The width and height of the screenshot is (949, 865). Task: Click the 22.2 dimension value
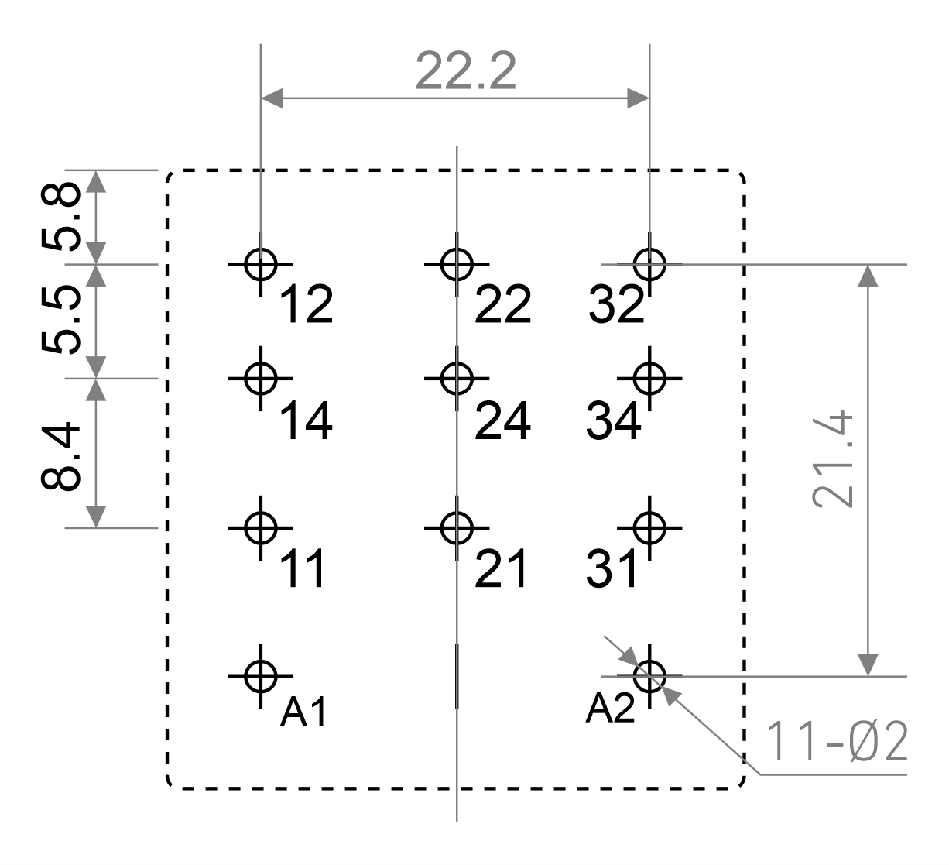[x=465, y=71]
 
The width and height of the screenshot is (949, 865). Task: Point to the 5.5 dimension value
[x=60, y=320]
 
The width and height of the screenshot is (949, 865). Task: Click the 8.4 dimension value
[x=60, y=456]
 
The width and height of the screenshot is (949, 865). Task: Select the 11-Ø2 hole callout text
[x=837, y=742]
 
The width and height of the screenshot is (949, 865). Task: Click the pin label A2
[x=610, y=709]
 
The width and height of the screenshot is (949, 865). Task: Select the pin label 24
[x=502, y=421]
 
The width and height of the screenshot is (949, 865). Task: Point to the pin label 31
[x=612, y=568]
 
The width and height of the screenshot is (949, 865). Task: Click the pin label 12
[x=307, y=304]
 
